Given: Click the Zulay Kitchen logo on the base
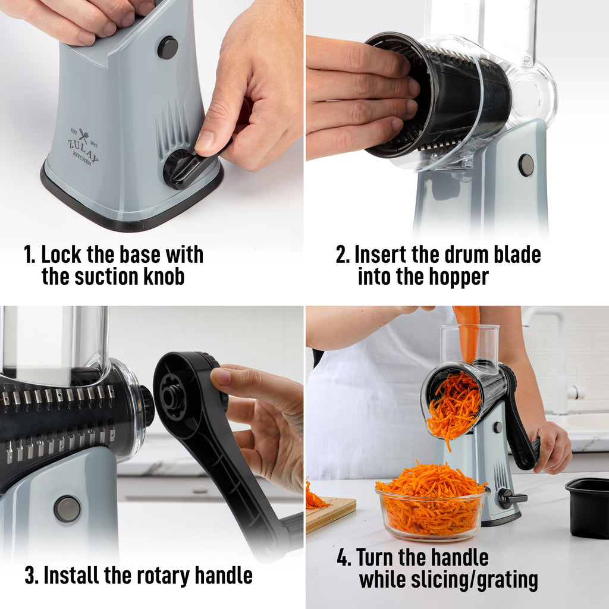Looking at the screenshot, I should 83,146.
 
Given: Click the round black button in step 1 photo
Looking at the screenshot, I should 167,48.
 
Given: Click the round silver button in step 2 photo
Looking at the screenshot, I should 526,165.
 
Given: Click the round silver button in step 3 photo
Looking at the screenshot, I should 67,509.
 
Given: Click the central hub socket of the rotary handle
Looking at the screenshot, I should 172,397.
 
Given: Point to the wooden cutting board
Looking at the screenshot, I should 330,513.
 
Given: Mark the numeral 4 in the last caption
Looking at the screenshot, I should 343,558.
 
